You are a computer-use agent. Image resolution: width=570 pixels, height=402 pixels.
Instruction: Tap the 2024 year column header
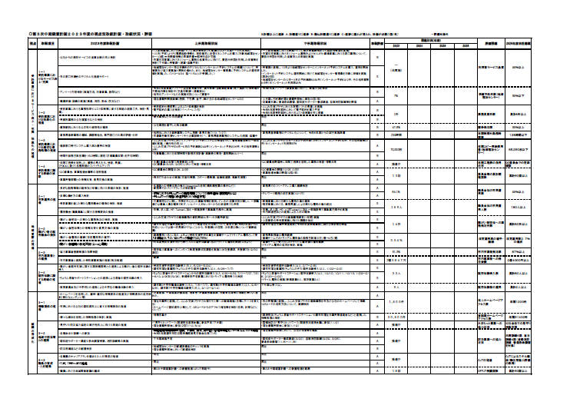(x=421, y=46)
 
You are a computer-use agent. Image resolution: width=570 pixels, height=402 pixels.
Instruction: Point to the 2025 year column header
(x=444, y=46)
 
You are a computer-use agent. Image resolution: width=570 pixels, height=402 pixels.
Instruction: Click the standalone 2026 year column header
(x=466, y=46)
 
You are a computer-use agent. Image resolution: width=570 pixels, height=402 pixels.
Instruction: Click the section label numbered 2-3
(x=43, y=254)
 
